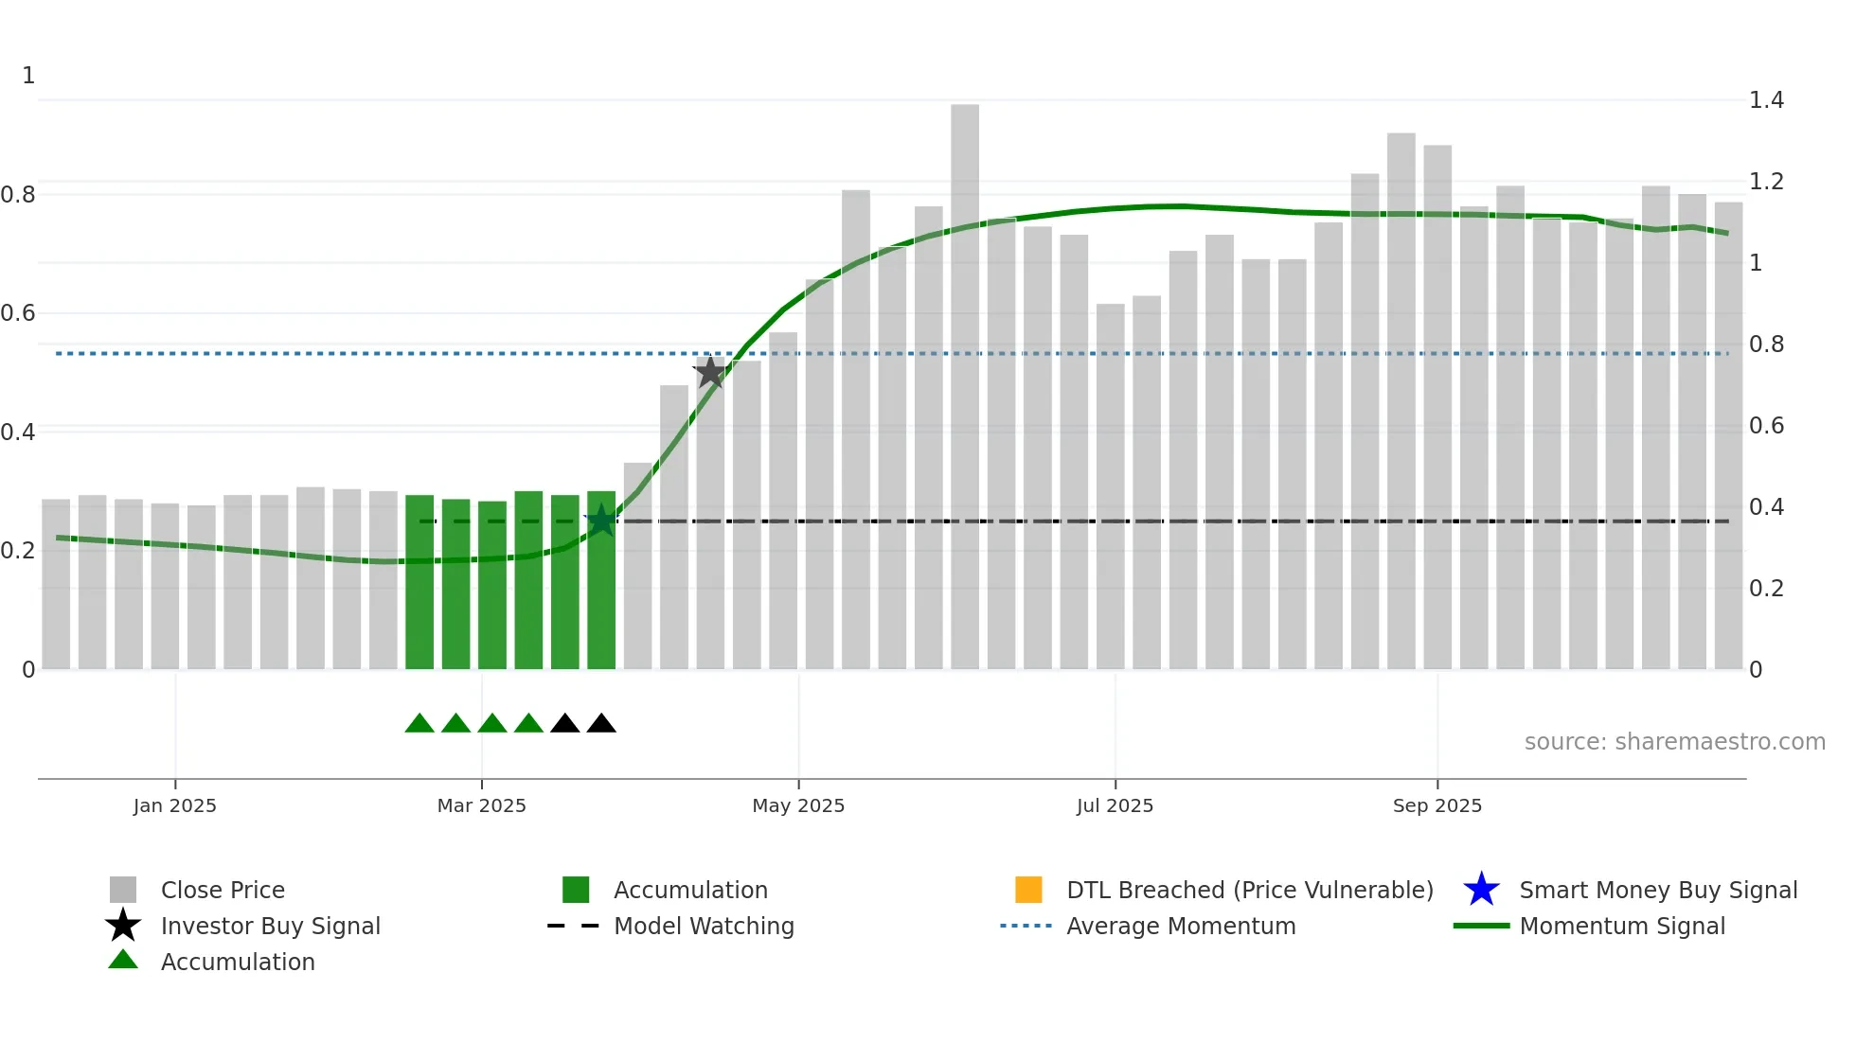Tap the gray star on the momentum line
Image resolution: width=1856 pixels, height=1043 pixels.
click(x=710, y=373)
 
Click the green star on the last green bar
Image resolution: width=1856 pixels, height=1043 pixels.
click(x=601, y=521)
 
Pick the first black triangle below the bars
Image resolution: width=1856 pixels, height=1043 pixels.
click(x=565, y=724)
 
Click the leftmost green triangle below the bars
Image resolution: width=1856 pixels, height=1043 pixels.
click(x=419, y=724)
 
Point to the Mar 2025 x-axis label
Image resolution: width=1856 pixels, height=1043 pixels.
click(x=481, y=805)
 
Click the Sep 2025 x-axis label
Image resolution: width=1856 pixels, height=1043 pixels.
click(x=1437, y=805)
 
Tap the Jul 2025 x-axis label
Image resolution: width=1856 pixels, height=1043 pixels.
click(x=1115, y=805)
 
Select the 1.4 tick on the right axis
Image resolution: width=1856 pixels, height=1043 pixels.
click(x=1766, y=100)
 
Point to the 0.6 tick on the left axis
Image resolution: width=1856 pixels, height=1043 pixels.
click(x=18, y=313)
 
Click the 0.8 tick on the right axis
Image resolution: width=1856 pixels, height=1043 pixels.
click(x=1766, y=345)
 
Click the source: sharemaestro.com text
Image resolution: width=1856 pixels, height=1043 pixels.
click(x=1674, y=742)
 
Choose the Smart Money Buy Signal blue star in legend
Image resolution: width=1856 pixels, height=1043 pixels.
click(x=1481, y=890)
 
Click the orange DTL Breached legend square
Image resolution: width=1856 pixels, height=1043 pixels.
click(x=1028, y=890)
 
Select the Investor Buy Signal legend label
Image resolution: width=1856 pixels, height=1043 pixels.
click(x=270, y=926)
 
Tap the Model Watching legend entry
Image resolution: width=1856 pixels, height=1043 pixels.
click(x=703, y=926)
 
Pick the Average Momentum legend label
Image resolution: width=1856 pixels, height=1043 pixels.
click(x=1180, y=926)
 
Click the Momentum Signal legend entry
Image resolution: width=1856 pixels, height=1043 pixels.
click(x=1621, y=926)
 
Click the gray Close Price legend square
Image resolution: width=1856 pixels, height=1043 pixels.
click(x=123, y=890)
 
